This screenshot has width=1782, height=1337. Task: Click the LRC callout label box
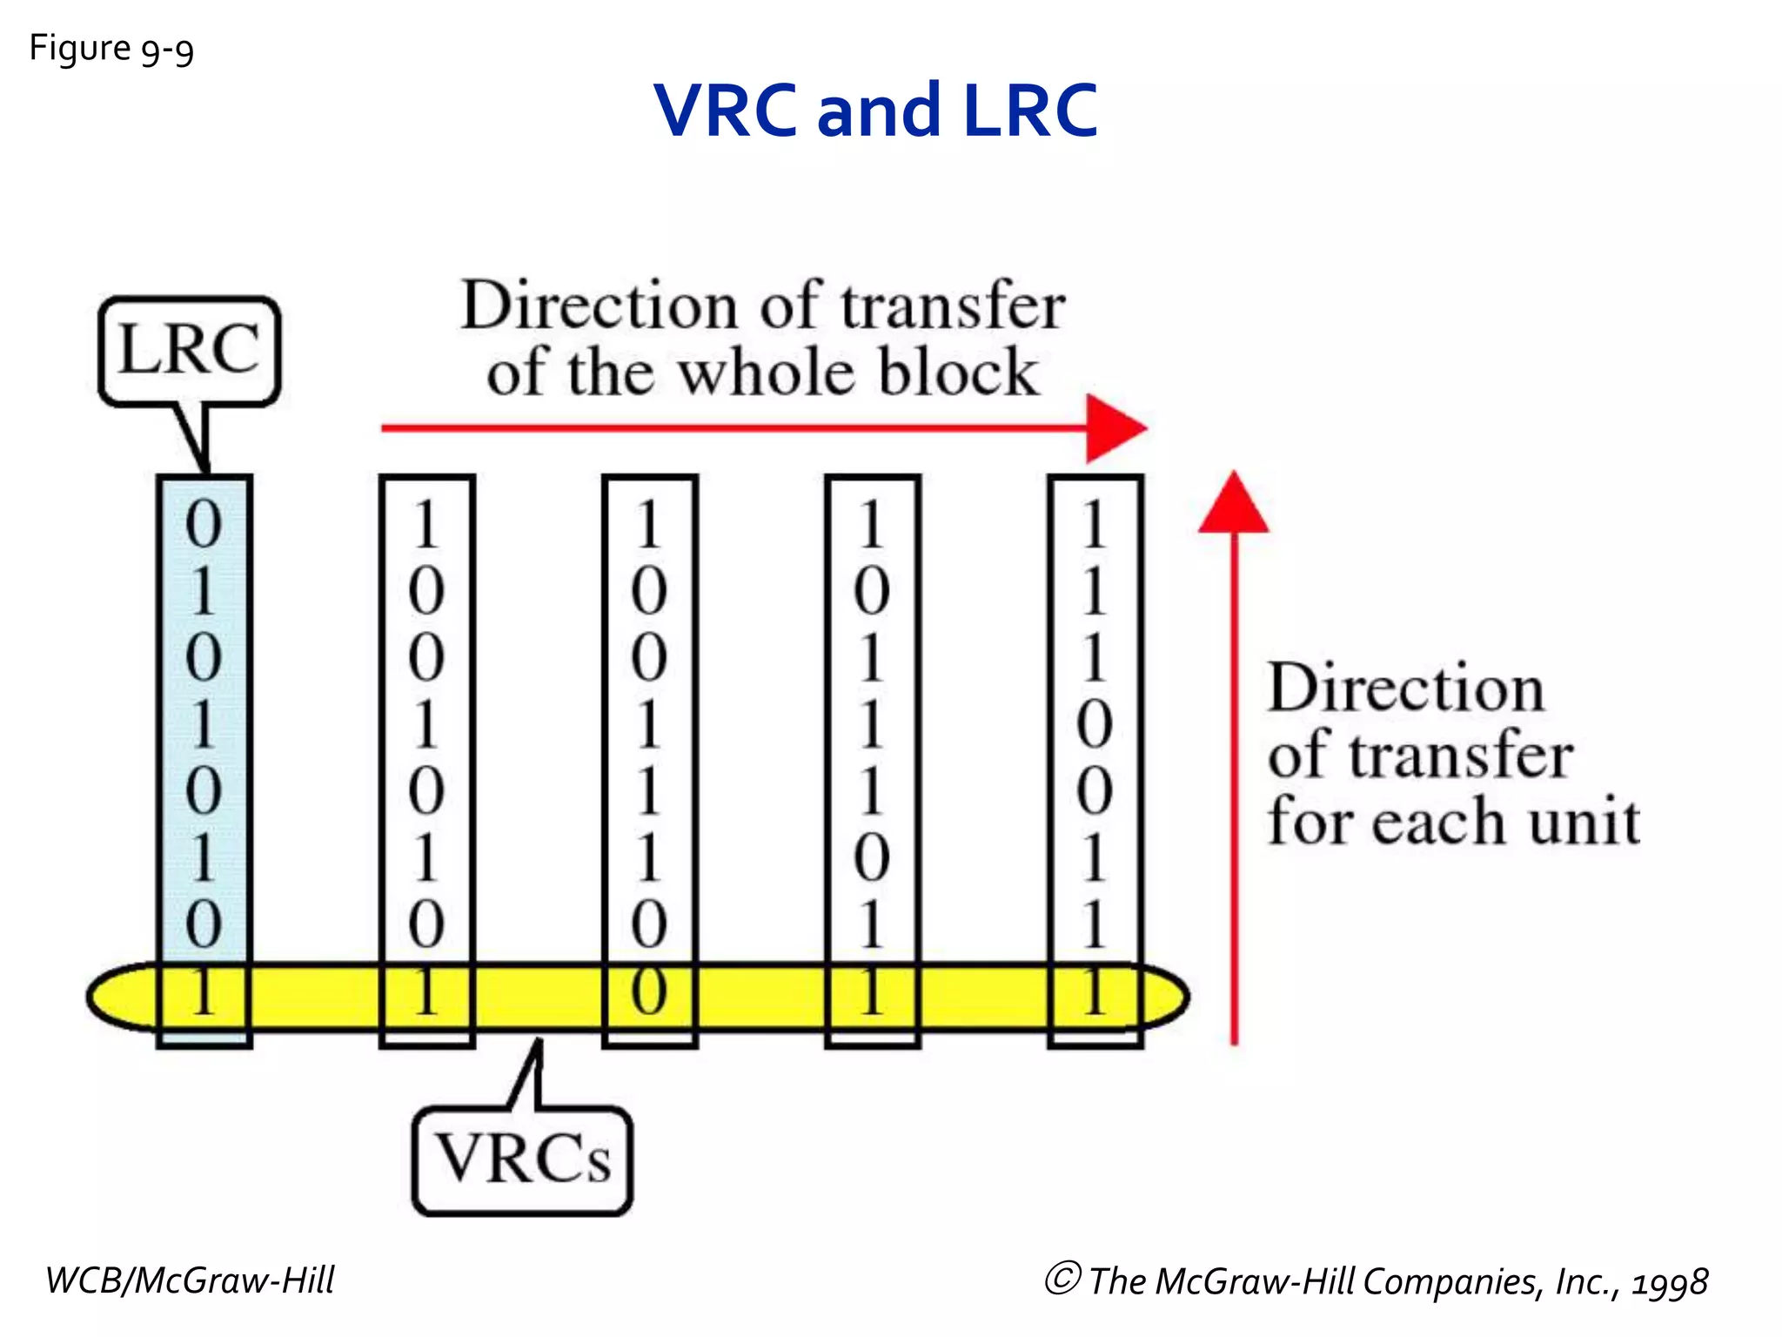pos(189,350)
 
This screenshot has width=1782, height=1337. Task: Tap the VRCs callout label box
pos(522,1159)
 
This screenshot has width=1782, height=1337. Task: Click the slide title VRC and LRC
pos(874,111)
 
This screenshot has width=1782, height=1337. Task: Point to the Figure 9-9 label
pos(111,49)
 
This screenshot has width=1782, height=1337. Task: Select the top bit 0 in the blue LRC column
pos(204,524)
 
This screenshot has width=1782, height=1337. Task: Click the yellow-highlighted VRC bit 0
pos(649,992)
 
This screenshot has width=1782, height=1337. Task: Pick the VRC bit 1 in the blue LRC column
pos(204,992)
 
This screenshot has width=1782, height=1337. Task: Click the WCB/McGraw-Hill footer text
pos(190,1280)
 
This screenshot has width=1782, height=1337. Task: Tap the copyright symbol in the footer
pos(1062,1279)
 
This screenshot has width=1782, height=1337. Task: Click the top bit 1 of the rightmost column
pos(1095,524)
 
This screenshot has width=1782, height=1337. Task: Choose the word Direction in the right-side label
pos(1406,688)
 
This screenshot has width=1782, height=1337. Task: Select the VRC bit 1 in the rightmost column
pos(1095,992)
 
